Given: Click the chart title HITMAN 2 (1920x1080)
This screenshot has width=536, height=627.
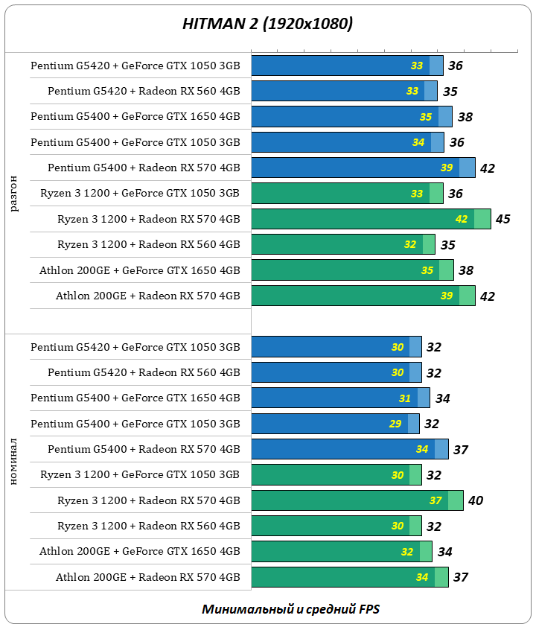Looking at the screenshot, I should (x=268, y=24).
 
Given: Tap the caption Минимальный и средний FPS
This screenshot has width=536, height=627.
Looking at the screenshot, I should (x=290, y=609).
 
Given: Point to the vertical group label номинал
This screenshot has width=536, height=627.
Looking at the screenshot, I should (x=15, y=462).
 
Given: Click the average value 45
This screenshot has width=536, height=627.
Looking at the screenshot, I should (x=502, y=219).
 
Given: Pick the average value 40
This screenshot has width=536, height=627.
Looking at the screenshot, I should (x=475, y=500).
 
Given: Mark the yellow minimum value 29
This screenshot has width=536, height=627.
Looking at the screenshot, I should (x=395, y=424).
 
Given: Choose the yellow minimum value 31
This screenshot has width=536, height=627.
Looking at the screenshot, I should (x=404, y=398).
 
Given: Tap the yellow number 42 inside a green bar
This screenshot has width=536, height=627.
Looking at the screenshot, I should (x=462, y=219).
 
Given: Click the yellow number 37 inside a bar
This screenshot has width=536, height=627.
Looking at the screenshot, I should (x=435, y=500).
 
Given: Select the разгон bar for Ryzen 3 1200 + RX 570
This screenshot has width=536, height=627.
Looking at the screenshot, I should (x=371, y=219).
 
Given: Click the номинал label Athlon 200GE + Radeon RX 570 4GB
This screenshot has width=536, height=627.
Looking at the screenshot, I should (x=147, y=577).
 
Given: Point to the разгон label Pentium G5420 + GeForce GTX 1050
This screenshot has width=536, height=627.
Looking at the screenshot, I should (x=135, y=66).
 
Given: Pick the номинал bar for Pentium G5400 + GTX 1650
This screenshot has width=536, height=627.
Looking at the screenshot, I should (x=340, y=398).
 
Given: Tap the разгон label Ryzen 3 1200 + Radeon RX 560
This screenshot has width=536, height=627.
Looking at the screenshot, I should (x=148, y=244).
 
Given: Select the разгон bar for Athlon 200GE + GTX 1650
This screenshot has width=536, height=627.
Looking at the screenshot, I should (x=352, y=270).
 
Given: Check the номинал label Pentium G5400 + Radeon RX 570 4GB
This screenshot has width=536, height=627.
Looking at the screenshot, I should (x=144, y=449).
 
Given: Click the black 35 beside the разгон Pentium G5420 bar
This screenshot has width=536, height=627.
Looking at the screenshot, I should (x=450, y=92).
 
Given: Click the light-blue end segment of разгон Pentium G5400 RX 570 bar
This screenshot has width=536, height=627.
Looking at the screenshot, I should (x=467, y=168).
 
